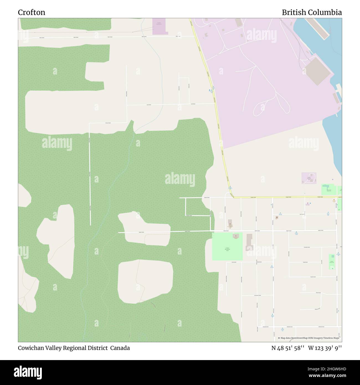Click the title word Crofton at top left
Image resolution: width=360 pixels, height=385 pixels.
32,12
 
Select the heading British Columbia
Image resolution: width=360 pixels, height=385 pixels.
312,12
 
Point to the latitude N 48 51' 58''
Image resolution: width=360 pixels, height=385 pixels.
288,348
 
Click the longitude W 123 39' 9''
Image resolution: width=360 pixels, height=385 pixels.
325,348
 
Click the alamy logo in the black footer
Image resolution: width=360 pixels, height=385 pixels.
29,372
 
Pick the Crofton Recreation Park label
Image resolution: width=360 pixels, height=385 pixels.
227,249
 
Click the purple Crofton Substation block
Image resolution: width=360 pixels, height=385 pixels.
160,26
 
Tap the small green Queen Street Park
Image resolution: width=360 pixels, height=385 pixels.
331,262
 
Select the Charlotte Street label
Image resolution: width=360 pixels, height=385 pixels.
307,247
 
